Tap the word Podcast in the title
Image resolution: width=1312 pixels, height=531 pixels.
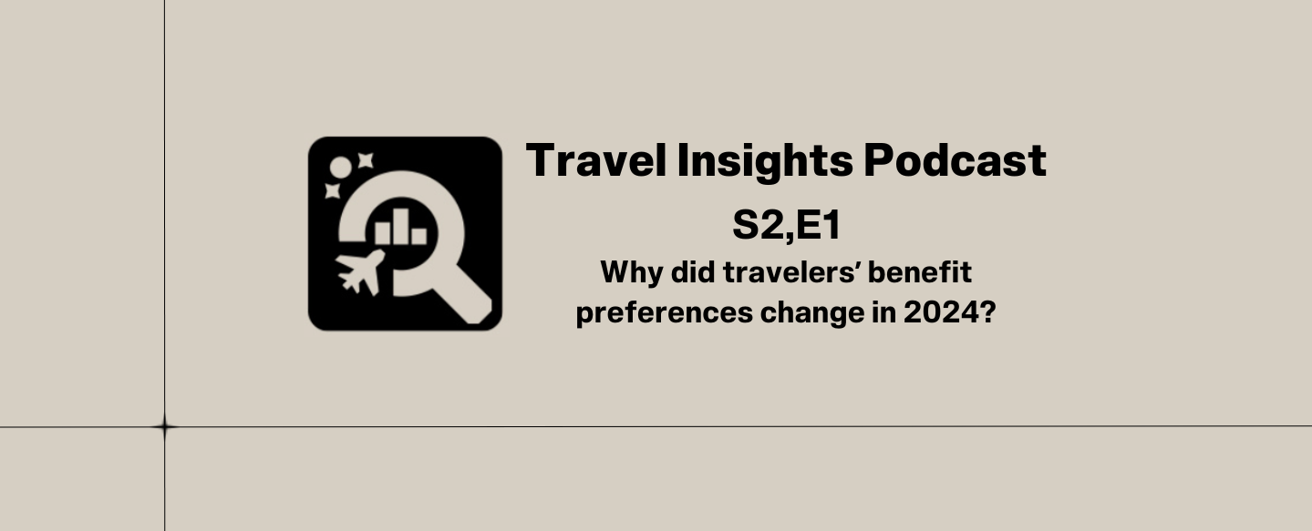(x=955, y=160)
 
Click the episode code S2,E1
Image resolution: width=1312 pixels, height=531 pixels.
(x=786, y=226)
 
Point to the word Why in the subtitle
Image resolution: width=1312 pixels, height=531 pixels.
(x=625, y=272)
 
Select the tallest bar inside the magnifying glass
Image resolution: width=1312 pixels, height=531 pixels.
(x=401, y=226)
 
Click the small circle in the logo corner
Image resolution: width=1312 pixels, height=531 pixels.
(x=340, y=167)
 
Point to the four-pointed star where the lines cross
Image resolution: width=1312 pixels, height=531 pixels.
(x=164, y=426)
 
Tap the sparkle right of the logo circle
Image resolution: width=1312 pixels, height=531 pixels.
(x=366, y=160)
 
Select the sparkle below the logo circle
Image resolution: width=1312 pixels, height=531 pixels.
(x=332, y=191)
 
